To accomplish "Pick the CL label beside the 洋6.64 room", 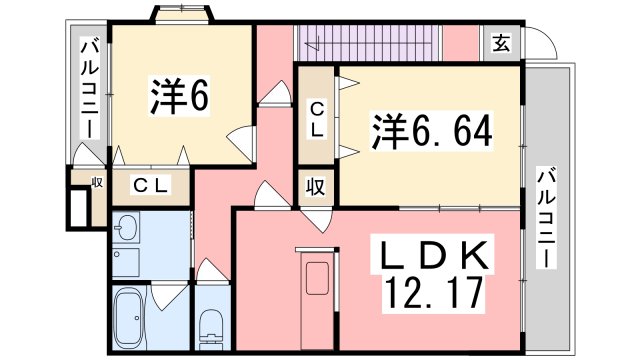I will coord(316,119).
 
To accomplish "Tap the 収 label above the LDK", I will coord(314,187).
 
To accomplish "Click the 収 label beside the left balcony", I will coord(97,181).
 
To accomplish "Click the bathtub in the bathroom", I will coord(129,318).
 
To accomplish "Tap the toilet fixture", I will coord(211,325).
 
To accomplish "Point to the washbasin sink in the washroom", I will coord(126,231).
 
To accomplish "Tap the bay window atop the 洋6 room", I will coord(181,14).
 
